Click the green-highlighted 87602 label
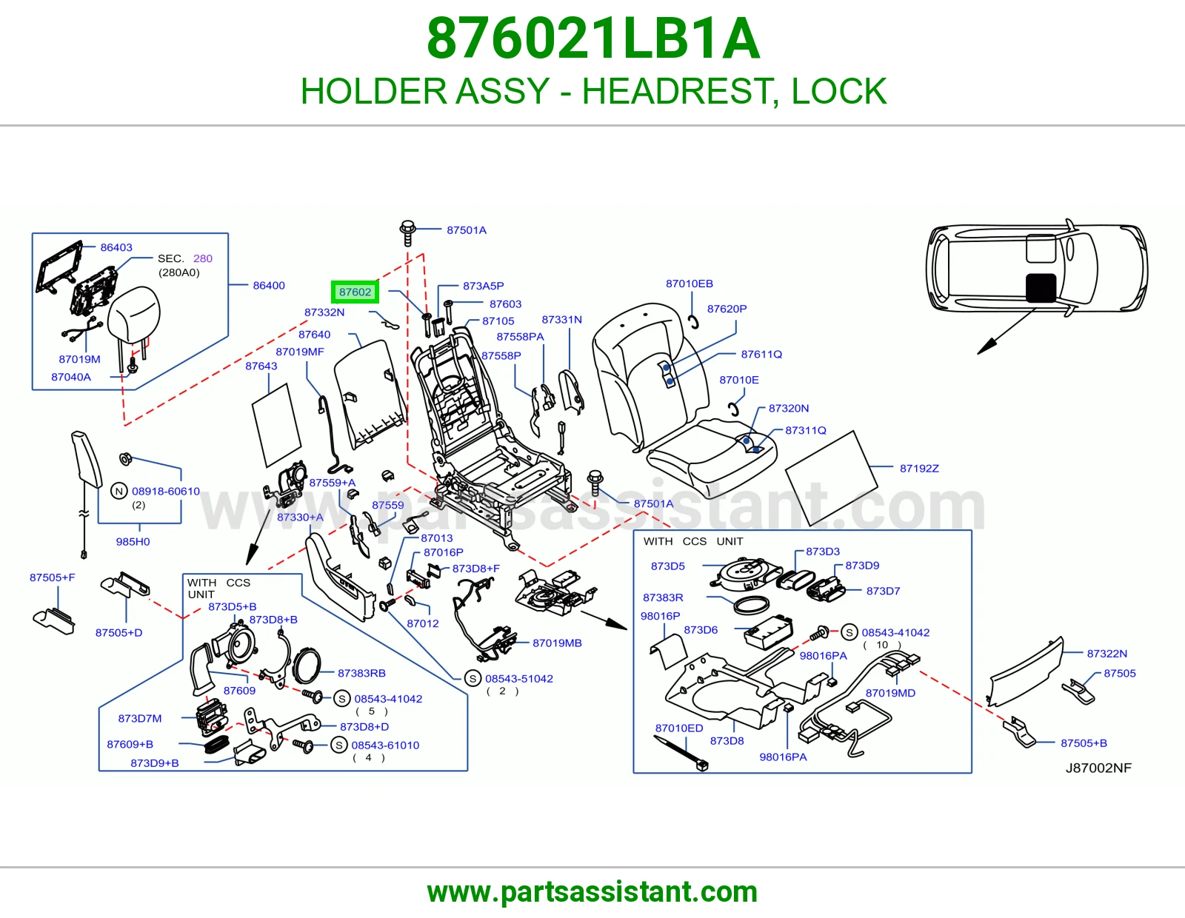(355, 292)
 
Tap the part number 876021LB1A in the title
(592, 38)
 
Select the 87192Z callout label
(919, 469)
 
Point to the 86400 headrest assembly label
(269, 285)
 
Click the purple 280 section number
(202, 258)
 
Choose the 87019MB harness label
(557, 643)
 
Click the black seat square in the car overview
(1041, 288)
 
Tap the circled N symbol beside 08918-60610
(119, 491)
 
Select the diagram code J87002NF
(1098, 768)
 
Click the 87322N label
(1106, 653)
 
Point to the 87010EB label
(690, 284)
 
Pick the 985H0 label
(133, 541)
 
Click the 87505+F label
(53, 577)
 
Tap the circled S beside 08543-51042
(473, 679)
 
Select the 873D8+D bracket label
(364, 727)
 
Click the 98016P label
(660, 616)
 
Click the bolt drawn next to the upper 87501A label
(407, 233)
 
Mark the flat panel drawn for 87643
(277, 425)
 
